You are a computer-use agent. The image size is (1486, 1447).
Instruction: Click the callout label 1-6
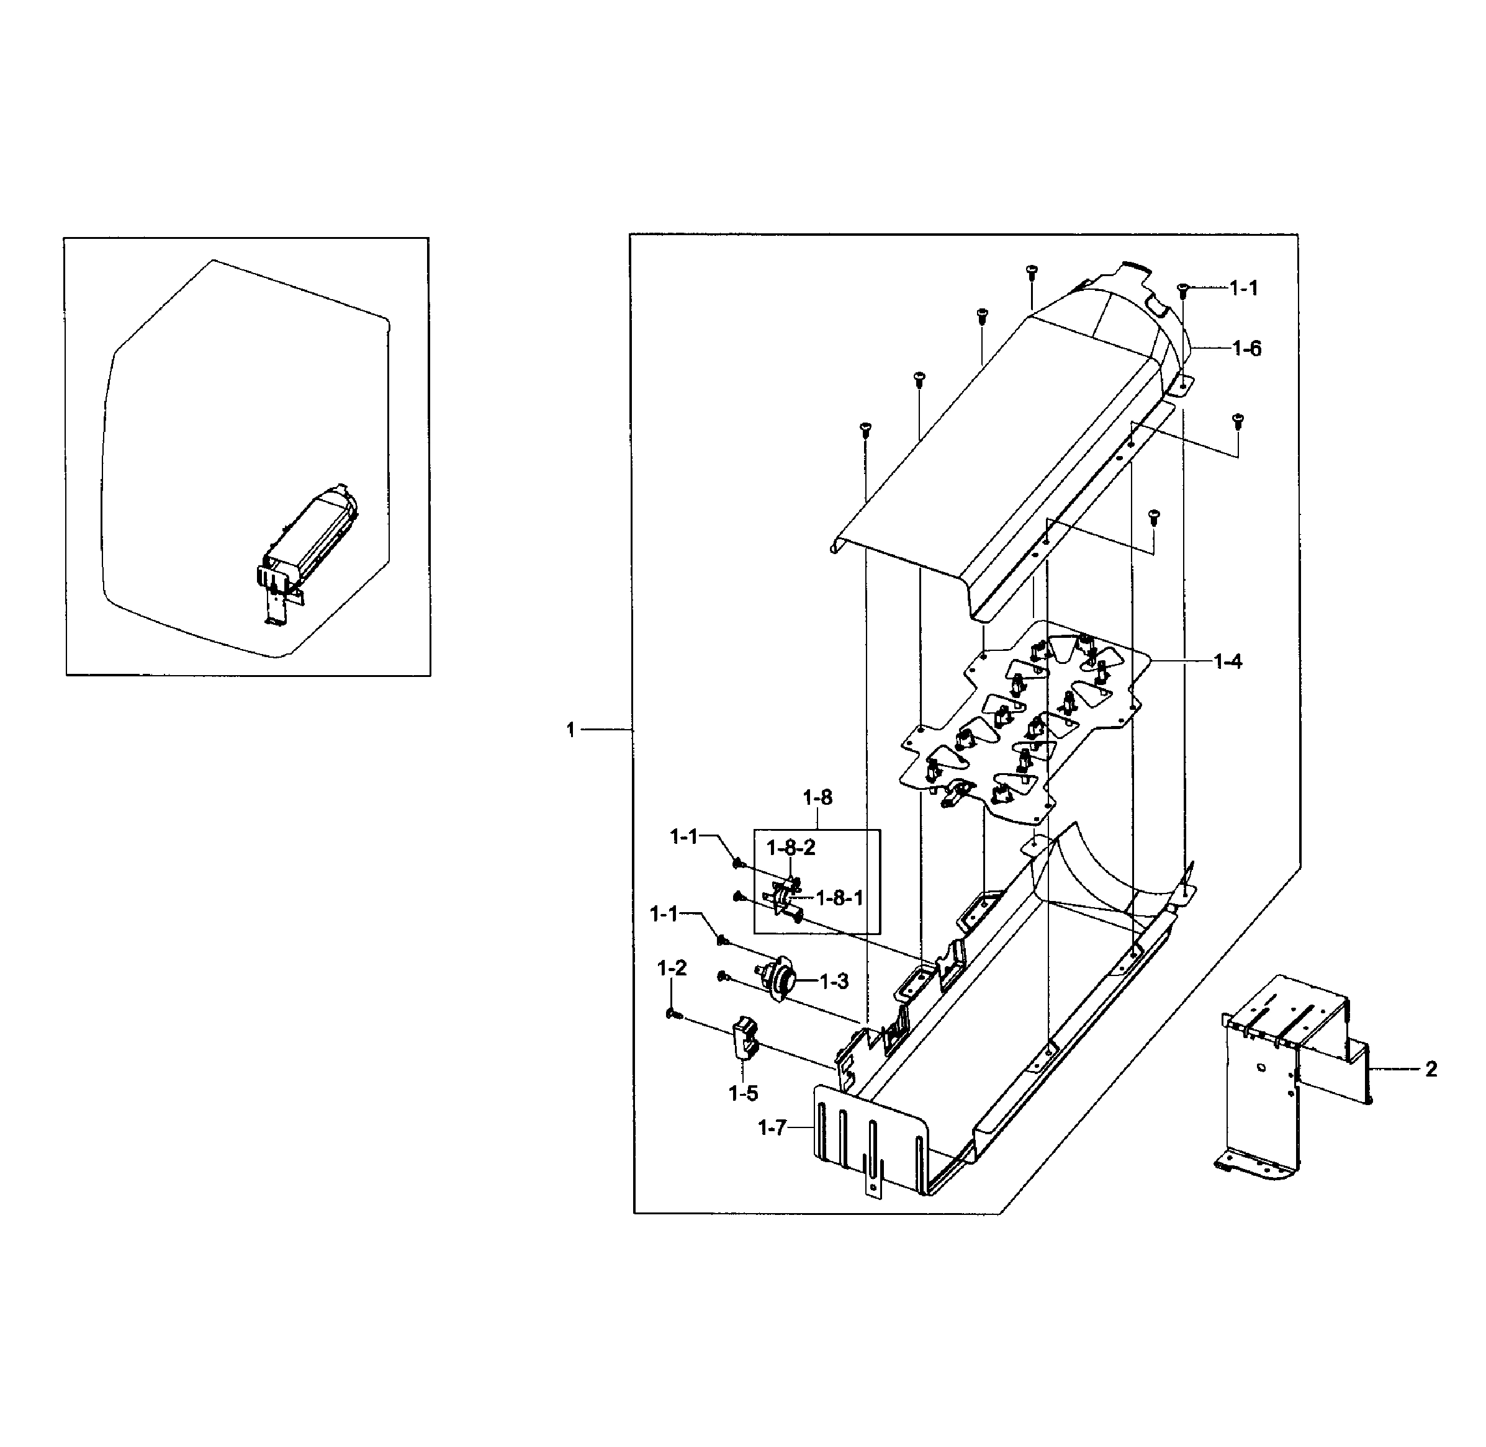coord(1246,349)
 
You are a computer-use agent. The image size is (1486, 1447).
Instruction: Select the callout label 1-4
coord(1228,662)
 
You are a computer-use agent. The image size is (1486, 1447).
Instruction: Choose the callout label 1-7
coord(772,1129)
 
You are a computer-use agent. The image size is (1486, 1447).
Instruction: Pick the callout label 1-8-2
coord(791,848)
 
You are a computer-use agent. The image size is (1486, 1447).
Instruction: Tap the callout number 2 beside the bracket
coord(1431,1069)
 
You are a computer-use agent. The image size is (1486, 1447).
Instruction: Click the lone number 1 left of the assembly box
coord(571,730)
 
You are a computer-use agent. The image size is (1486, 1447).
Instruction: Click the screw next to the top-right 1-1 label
coord(1182,289)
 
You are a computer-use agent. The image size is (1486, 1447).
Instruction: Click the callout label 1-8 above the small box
coord(817,797)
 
